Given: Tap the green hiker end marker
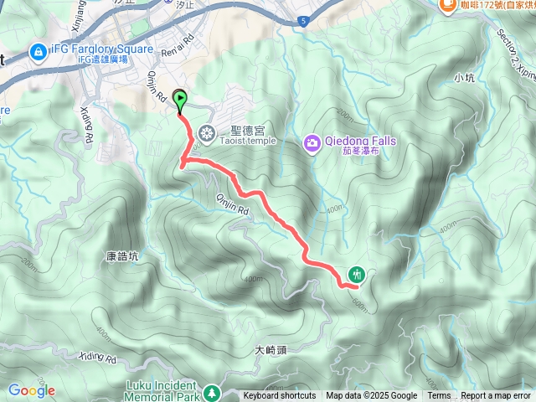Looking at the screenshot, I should (358, 274).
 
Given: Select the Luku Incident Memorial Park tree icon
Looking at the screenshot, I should (211, 392).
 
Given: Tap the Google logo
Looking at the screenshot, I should (32, 390).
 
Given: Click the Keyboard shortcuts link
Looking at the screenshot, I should (280, 396).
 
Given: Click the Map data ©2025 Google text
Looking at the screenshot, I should (372, 396).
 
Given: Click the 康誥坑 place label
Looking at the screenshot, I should (123, 258).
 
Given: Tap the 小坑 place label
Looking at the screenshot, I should (464, 78).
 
